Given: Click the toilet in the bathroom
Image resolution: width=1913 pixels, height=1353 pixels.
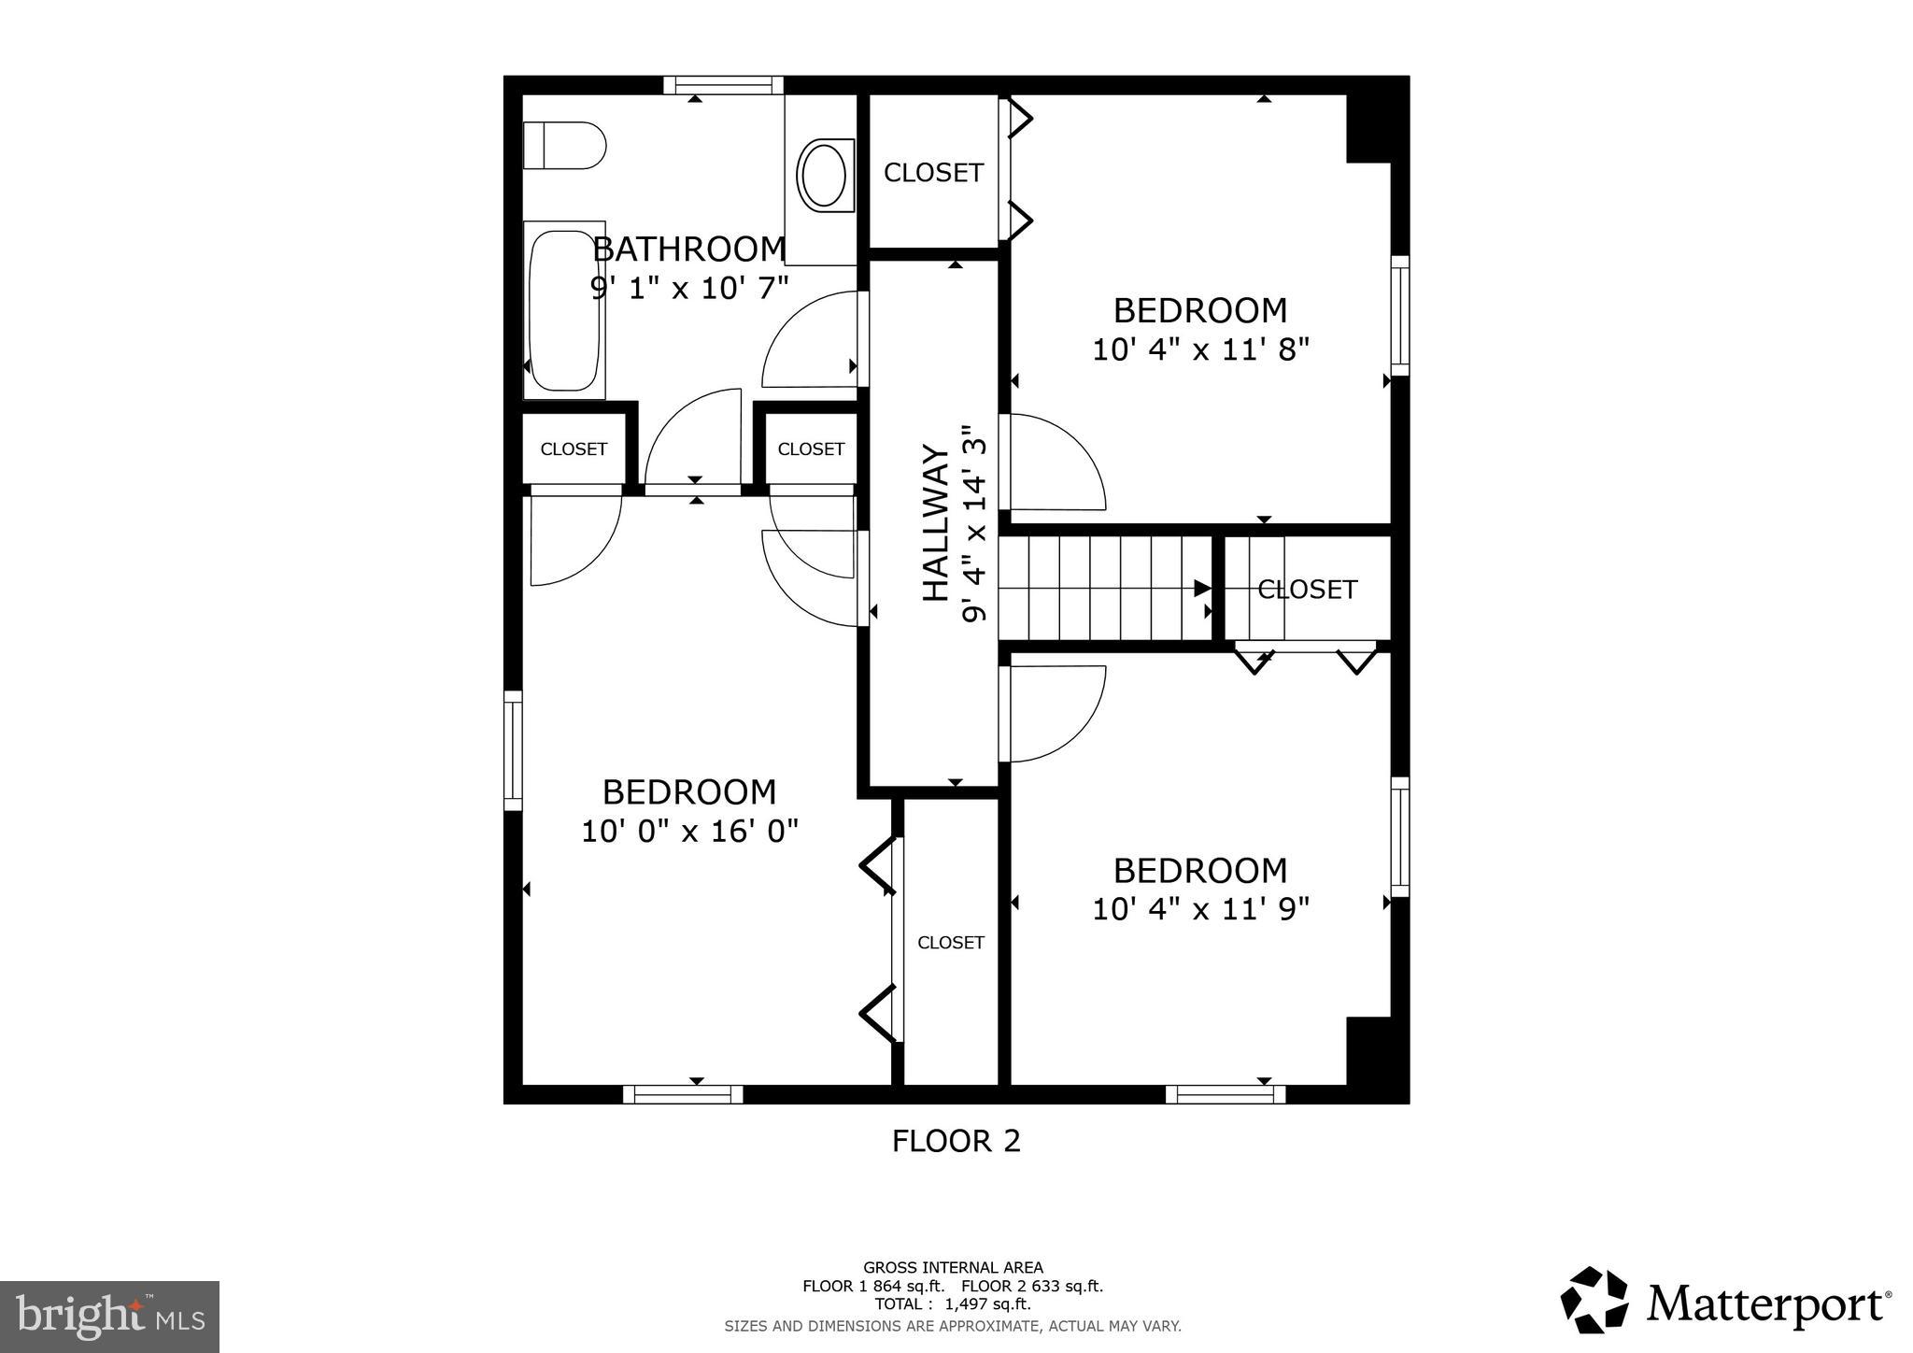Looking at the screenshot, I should pos(564,145).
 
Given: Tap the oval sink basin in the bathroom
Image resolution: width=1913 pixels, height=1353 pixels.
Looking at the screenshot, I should pos(824,175).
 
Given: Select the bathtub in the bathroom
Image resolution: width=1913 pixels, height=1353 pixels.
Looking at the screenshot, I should pos(563,309).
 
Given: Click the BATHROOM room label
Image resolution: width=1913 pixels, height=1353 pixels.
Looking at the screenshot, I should pos(689,249).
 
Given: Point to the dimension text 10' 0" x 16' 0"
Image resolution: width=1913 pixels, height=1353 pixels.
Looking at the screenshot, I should pos(689,831).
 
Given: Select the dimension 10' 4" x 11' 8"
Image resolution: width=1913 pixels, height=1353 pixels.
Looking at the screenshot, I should pos(1200,349).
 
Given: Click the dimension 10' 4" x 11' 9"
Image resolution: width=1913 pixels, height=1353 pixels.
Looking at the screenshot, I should pos(1200,908).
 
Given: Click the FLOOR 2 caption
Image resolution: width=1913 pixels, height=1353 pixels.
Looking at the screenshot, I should pos(956,1141).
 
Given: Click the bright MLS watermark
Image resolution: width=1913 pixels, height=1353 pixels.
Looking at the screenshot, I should pos(109,1317).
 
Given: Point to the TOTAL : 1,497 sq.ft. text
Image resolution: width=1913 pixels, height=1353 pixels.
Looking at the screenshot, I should pos(952,1304).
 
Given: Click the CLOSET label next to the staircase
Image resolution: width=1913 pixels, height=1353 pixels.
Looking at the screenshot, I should pos(1306,590).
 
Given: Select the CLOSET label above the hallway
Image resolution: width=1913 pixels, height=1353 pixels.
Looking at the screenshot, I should pos(933,173).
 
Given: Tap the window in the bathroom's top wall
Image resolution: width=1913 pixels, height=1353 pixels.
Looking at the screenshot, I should pos(723,86).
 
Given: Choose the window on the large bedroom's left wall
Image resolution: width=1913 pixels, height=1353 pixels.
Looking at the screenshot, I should pos(513,750).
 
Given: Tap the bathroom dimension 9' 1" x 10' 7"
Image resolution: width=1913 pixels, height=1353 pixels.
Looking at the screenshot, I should pos(689,288).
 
